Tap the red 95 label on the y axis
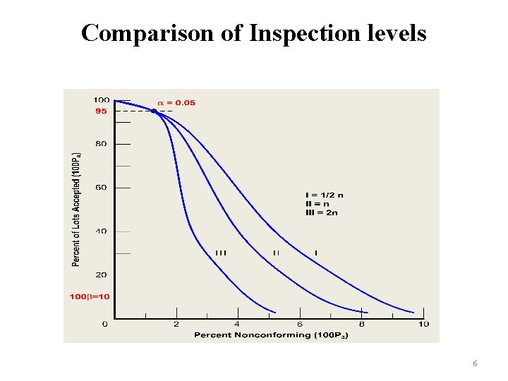[101, 111]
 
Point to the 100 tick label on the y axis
[101, 100]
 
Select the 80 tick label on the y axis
[101, 144]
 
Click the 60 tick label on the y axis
[101, 188]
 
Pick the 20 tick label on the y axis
[101, 274]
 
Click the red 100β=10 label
[90, 297]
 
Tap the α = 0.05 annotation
[176, 103]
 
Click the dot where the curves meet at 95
[154, 111]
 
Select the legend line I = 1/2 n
[325, 195]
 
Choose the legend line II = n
[318, 203]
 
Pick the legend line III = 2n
[321, 212]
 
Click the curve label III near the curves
[221, 253]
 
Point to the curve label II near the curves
[276, 253]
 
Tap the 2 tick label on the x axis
[176, 325]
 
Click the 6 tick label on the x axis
[300, 325]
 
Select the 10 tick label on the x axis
[423, 325]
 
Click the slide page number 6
[475, 363]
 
